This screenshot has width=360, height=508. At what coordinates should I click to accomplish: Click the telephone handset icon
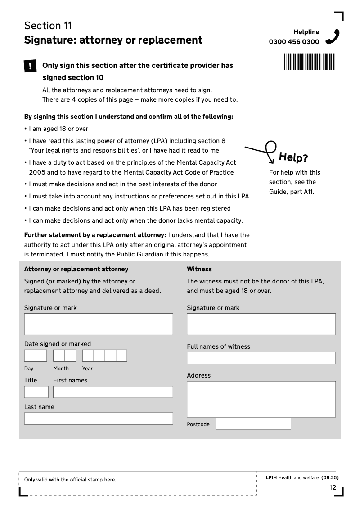click(x=333, y=36)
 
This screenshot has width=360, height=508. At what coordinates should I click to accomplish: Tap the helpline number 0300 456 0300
click(x=294, y=42)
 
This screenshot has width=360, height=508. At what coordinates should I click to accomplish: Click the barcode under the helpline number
click(x=310, y=62)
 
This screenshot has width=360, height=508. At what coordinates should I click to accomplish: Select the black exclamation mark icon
click(x=30, y=66)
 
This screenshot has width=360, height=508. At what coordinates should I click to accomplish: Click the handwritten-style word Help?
click(x=293, y=157)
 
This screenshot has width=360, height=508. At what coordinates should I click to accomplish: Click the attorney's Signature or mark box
click(x=99, y=324)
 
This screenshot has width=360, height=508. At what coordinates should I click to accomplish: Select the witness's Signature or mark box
click(x=261, y=324)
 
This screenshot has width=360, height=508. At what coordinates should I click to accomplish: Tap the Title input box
click(x=36, y=392)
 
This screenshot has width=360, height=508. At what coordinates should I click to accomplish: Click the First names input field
click(x=113, y=392)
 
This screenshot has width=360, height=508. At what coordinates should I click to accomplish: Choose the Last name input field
click(x=99, y=418)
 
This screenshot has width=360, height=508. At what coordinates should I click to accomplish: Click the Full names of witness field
click(x=261, y=358)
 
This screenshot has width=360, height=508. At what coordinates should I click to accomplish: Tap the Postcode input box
click(x=253, y=423)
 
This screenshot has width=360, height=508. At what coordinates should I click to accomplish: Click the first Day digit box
click(x=30, y=356)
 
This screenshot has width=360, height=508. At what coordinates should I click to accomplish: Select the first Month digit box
click(x=59, y=356)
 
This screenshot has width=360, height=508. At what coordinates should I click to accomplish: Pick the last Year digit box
click(x=121, y=356)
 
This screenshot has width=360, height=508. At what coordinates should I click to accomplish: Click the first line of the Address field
click(x=261, y=387)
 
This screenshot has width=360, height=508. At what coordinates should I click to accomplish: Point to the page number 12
click(x=333, y=487)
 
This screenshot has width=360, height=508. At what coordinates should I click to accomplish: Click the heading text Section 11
click(x=48, y=26)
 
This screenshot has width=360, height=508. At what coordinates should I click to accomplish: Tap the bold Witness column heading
click(x=199, y=269)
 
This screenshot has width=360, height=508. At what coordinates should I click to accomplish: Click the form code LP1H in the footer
click(x=271, y=478)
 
